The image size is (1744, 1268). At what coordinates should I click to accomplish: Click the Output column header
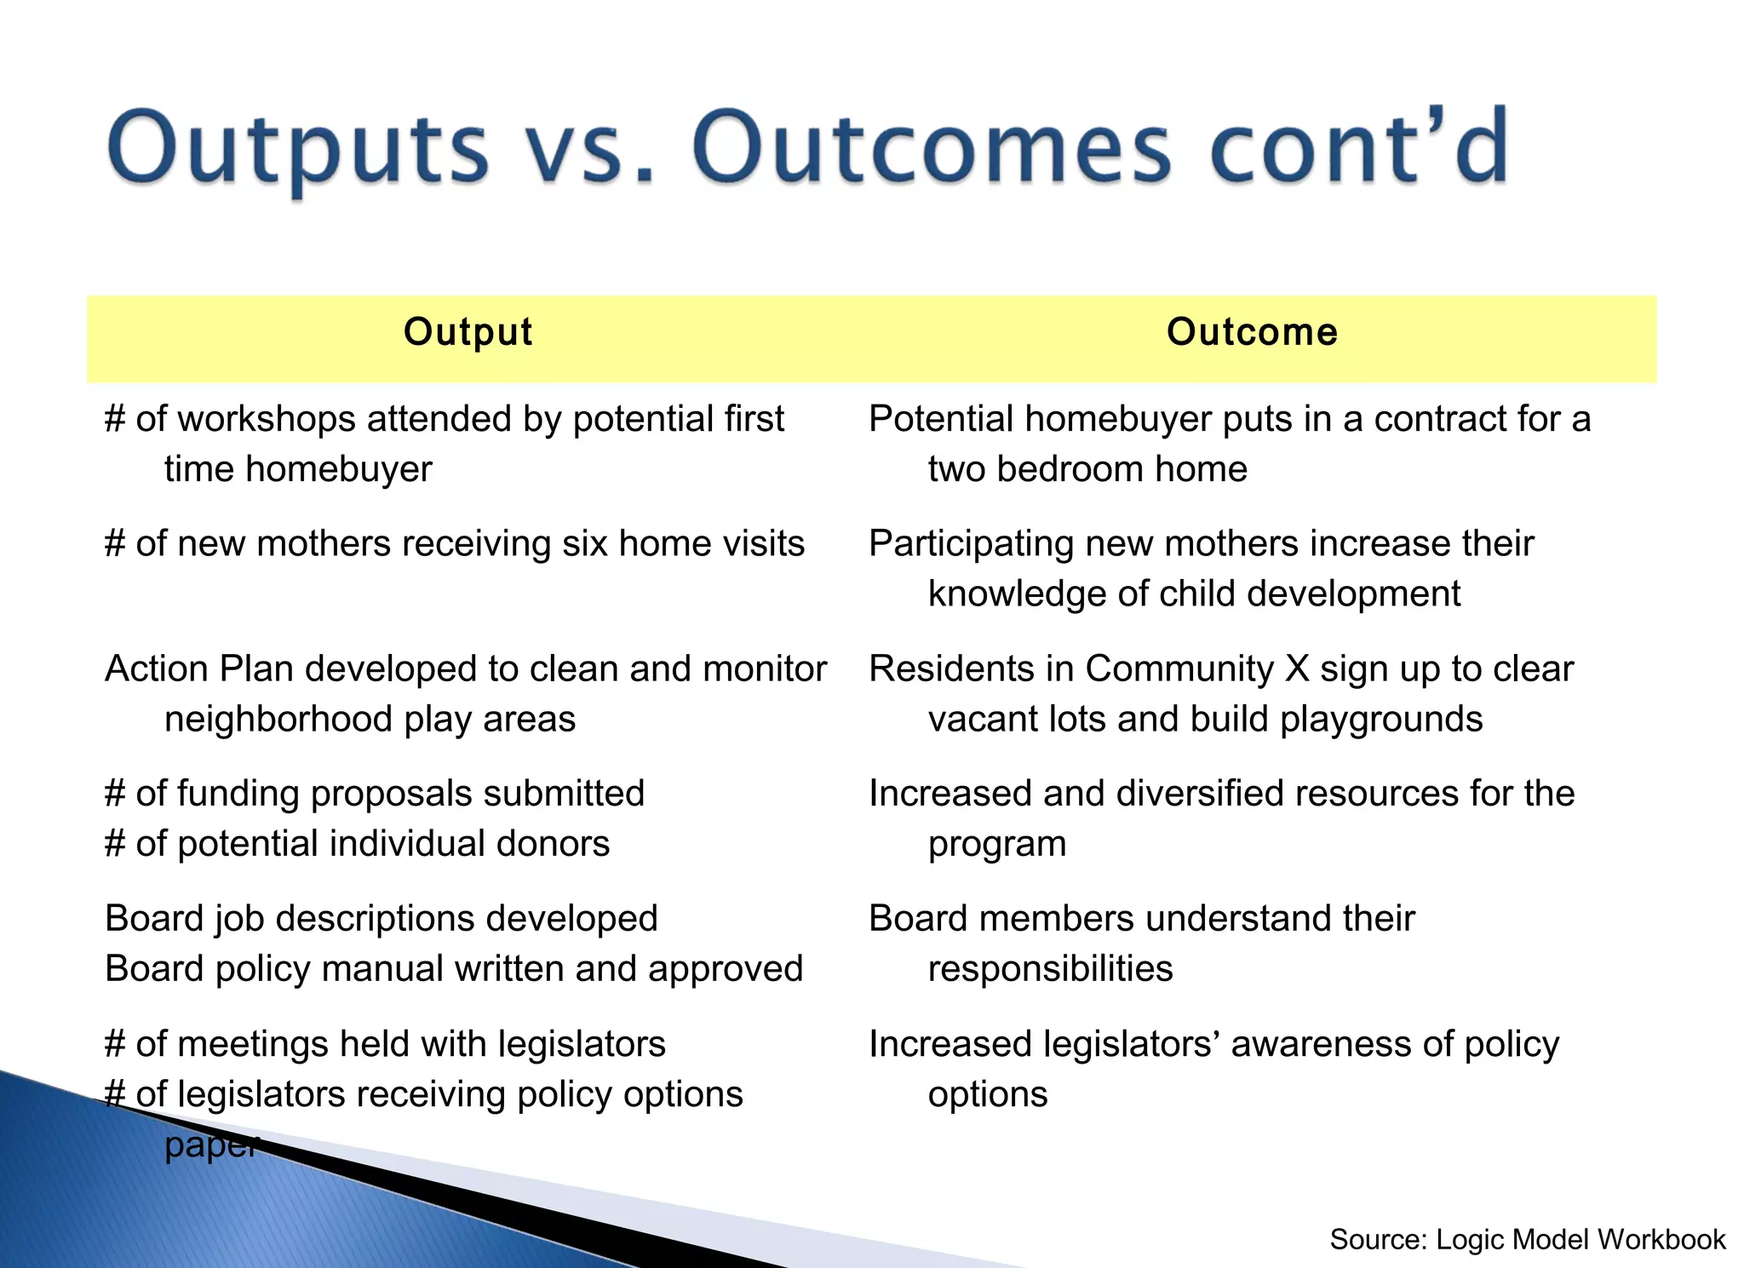coord(468,332)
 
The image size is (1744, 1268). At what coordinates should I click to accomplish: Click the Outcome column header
coord(1252,332)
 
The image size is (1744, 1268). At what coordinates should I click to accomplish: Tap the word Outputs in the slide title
coord(298,149)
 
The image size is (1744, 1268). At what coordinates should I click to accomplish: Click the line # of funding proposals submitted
coord(375,794)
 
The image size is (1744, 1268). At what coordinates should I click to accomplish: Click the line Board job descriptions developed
coord(381,919)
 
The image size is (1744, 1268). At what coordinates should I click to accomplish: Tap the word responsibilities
coord(1050,969)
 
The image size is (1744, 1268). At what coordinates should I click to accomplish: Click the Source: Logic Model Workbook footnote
coord(1527,1239)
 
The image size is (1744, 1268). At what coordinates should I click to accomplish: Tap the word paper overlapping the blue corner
coord(209,1145)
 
